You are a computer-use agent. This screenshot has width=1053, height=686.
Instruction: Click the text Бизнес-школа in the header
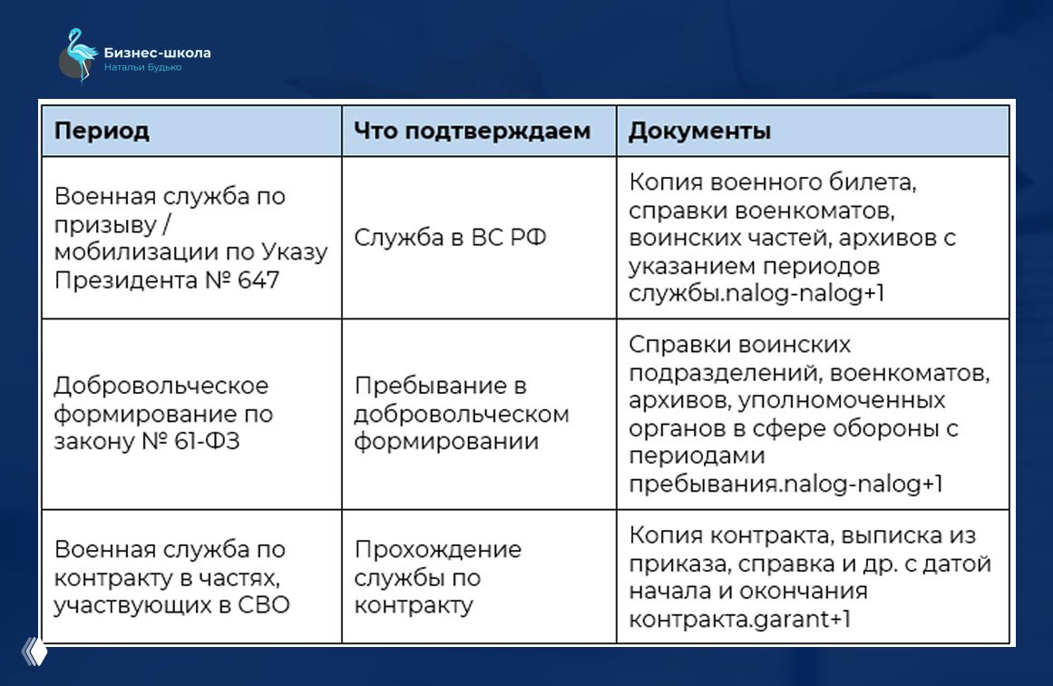157,53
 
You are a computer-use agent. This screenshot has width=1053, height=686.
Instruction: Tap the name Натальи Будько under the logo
142,68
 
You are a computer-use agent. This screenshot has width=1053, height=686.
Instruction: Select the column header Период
102,132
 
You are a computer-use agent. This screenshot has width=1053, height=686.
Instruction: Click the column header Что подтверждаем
472,132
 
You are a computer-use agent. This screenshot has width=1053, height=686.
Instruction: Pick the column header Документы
699,132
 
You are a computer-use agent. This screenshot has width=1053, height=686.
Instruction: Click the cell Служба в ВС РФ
450,238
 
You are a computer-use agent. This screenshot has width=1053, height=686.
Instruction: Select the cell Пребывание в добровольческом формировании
461,414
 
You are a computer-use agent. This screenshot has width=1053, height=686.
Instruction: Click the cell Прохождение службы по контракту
437,577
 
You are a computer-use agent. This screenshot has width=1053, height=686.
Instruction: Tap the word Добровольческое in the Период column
161,386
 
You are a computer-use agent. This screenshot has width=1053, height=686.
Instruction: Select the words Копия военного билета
772,182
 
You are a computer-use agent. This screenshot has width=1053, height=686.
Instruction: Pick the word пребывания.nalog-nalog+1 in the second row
785,484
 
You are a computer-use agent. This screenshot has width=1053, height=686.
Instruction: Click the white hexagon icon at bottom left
34,652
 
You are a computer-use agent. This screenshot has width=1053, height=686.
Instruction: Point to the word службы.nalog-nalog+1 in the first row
756,294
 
